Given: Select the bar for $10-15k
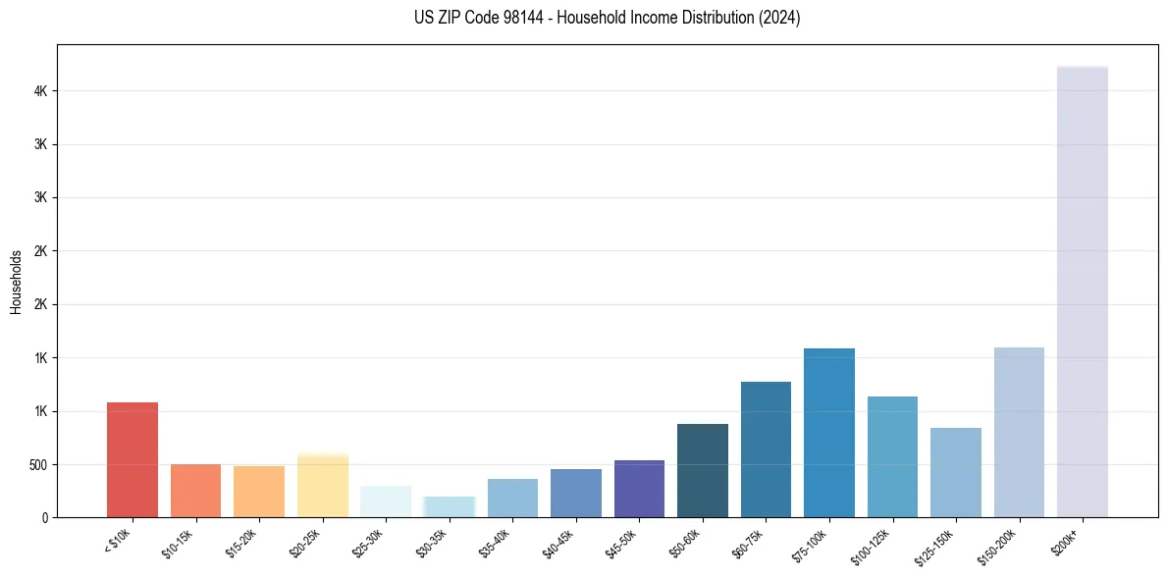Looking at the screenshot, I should [195, 491].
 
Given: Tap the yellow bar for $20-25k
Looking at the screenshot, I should [322, 486].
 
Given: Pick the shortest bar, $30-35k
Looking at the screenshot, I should [449, 506].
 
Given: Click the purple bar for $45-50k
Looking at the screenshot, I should [639, 489].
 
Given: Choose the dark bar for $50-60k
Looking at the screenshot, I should [703, 470].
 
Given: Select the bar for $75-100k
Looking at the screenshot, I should [829, 433].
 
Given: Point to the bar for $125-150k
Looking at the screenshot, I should [956, 472].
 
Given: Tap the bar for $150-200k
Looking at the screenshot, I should [1019, 432].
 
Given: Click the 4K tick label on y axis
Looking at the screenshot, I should [40, 91].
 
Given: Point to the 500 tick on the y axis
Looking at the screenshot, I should [37, 464].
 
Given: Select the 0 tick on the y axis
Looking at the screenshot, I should [45, 517].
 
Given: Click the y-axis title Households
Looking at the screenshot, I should [16, 282].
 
